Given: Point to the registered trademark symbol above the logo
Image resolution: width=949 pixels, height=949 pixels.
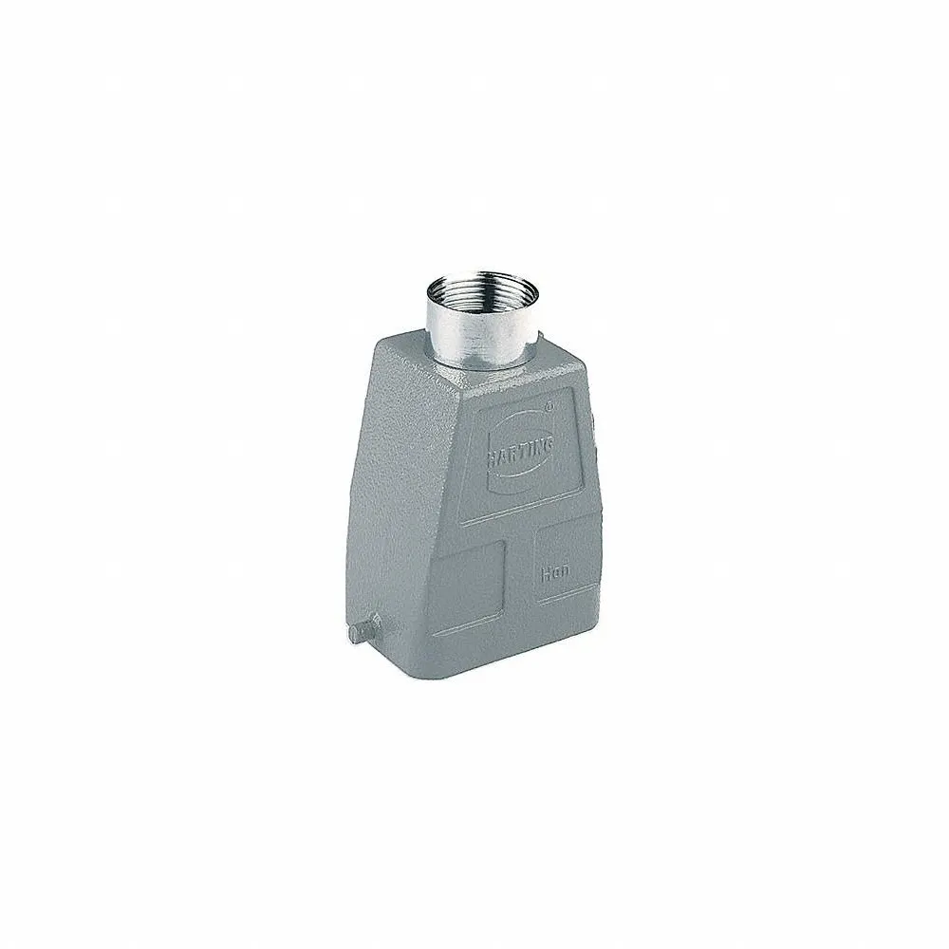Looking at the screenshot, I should [551, 403].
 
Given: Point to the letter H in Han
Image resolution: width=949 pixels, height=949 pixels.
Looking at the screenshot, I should [545, 572].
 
